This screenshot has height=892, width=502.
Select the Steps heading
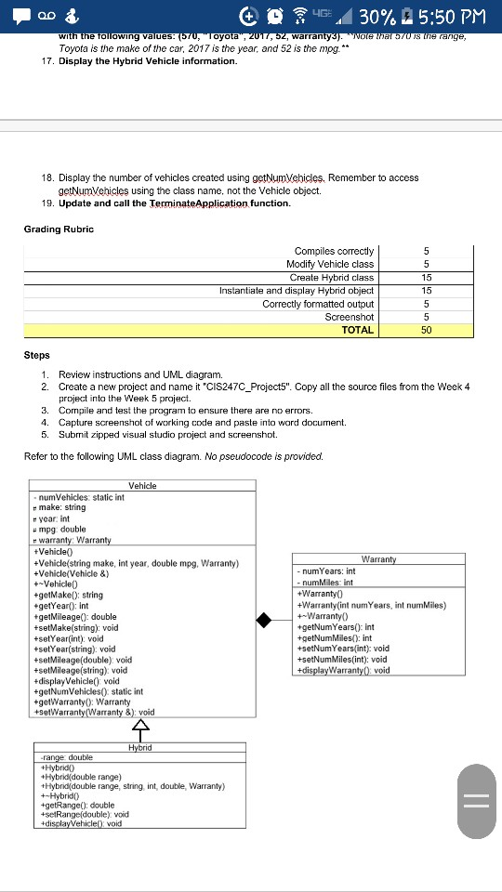(x=37, y=354)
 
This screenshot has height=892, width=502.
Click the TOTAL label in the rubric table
(x=357, y=329)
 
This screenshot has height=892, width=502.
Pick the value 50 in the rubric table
(x=425, y=329)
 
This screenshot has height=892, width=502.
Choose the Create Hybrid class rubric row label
(x=331, y=277)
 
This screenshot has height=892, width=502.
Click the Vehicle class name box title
(x=142, y=485)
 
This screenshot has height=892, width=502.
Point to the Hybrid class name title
(x=140, y=746)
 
